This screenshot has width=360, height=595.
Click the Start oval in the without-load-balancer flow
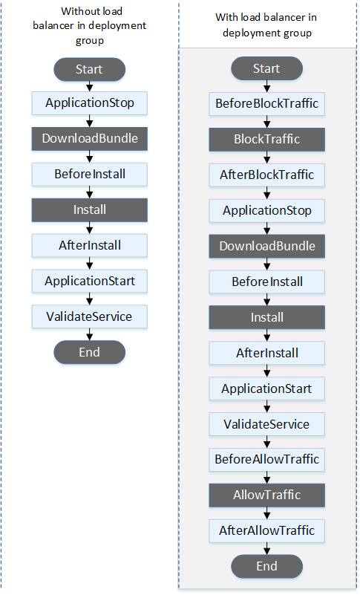[89, 69]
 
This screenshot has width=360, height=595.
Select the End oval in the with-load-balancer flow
[267, 566]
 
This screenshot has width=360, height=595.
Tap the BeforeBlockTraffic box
[267, 104]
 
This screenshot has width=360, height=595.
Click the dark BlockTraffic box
[267, 140]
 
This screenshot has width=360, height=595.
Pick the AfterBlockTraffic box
[267, 175]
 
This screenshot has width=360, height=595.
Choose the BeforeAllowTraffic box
[267, 460]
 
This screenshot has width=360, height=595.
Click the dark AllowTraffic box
[267, 495]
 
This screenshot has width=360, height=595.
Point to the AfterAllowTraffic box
[267, 530]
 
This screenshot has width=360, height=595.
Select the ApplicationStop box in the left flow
[89, 103]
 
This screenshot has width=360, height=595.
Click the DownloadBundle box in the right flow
[267, 247]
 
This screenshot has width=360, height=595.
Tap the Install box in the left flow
[89, 209]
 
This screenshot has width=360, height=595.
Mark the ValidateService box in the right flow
[267, 424]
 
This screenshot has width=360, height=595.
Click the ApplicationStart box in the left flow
[89, 281]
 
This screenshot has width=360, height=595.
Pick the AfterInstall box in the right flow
[267, 353]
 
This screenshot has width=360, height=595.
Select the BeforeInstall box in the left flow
[89, 175]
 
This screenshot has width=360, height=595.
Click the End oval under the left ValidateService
[89, 352]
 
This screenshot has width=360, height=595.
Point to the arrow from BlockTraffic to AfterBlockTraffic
[267, 157]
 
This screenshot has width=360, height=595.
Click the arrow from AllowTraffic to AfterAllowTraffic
[267, 513]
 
